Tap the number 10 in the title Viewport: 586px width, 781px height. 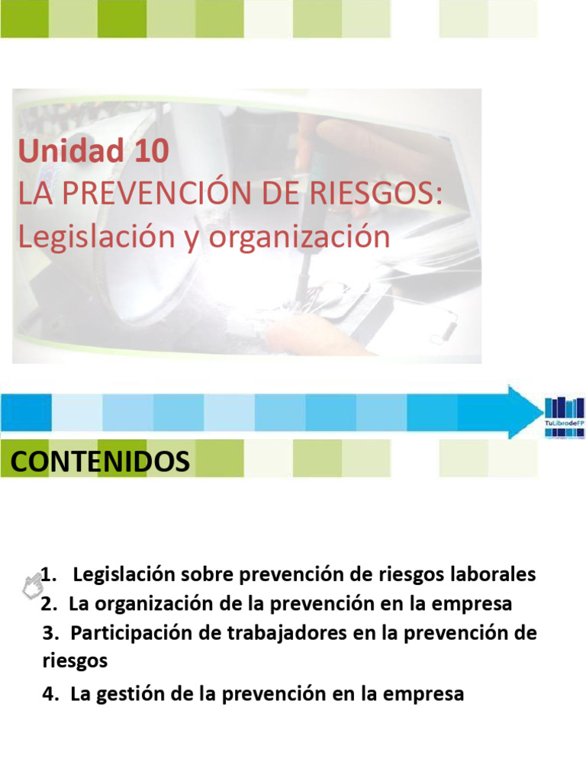tap(150, 152)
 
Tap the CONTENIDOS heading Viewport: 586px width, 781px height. tap(99, 462)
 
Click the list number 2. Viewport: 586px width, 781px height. tap(50, 604)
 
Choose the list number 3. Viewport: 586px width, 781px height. tap(50, 633)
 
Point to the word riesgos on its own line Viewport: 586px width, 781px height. tap(75, 660)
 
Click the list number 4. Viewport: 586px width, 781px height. tap(50, 695)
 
